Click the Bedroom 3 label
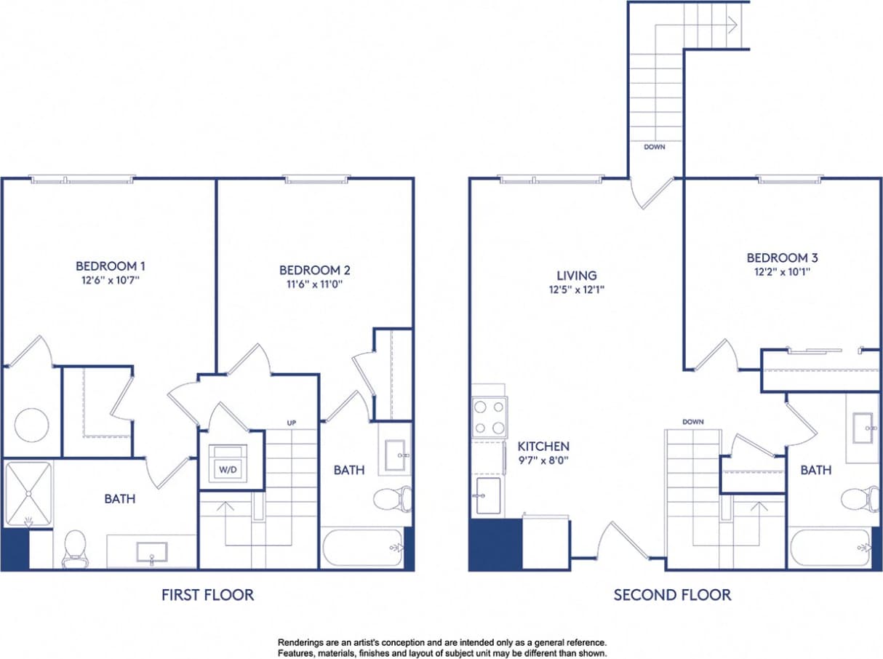tap(778, 257)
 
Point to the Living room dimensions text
tap(577, 289)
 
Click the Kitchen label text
tap(543, 446)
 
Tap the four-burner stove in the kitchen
tap(489, 418)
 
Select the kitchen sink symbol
tap(487, 495)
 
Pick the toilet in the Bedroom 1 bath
tap(75, 548)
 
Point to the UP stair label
tap(291, 423)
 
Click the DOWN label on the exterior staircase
tap(655, 147)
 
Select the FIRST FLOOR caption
tap(208, 595)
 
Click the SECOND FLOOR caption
tap(672, 595)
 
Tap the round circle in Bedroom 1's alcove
tap(32, 424)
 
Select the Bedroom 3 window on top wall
tap(790, 177)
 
